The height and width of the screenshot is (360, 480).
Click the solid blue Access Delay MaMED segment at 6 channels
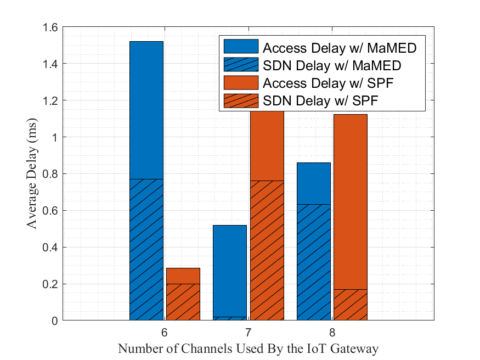coord(146,110)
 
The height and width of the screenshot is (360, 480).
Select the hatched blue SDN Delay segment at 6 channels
coord(146,250)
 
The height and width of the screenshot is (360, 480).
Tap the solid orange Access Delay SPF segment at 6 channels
coord(183,275)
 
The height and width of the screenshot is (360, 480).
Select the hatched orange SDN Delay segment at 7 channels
coord(267,250)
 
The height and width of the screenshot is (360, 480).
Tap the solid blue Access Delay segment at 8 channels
coord(314,183)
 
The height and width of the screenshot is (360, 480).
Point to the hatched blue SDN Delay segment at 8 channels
coord(314,262)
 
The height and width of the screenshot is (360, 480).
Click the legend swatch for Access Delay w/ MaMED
coord(240,47)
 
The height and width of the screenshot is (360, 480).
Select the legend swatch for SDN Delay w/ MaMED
coord(240,65)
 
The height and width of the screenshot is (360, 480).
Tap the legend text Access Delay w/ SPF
coord(329,83)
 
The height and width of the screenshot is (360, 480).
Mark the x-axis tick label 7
coord(248,333)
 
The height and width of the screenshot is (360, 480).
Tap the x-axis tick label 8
coord(332,333)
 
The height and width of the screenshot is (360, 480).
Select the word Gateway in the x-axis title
coord(357,349)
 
